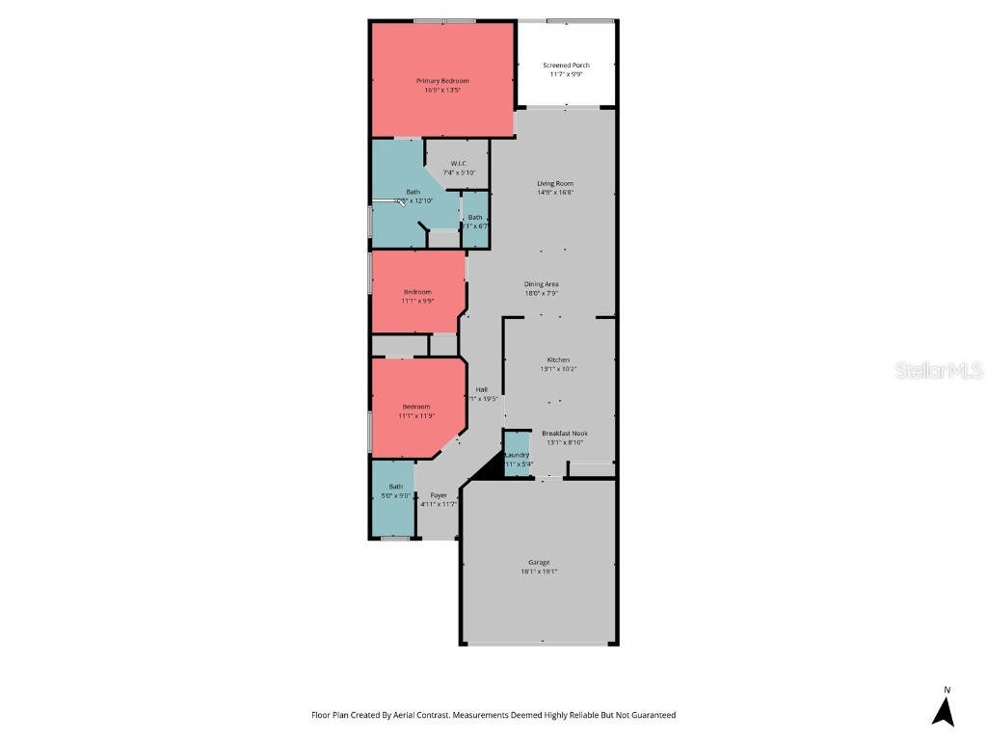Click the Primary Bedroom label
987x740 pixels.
tap(442, 80)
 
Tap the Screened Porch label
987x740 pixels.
tap(566, 65)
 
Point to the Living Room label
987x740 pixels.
tap(555, 183)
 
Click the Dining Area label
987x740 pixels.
tap(541, 283)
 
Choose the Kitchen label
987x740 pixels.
tap(558, 359)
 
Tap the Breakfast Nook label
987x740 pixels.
tap(565, 433)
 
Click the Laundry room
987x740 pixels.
tap(517, 459)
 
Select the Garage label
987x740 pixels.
tap(539, 562)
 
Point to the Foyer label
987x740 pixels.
tap(439, 494)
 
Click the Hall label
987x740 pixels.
tap(481, 389)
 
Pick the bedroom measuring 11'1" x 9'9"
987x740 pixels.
tap(417, 296)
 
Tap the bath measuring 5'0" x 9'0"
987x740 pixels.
tap(395, 491)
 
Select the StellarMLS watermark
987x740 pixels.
tap(938, 371)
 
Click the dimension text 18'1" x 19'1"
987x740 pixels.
tap(539, 571)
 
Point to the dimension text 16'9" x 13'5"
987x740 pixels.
tap(442, 90)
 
